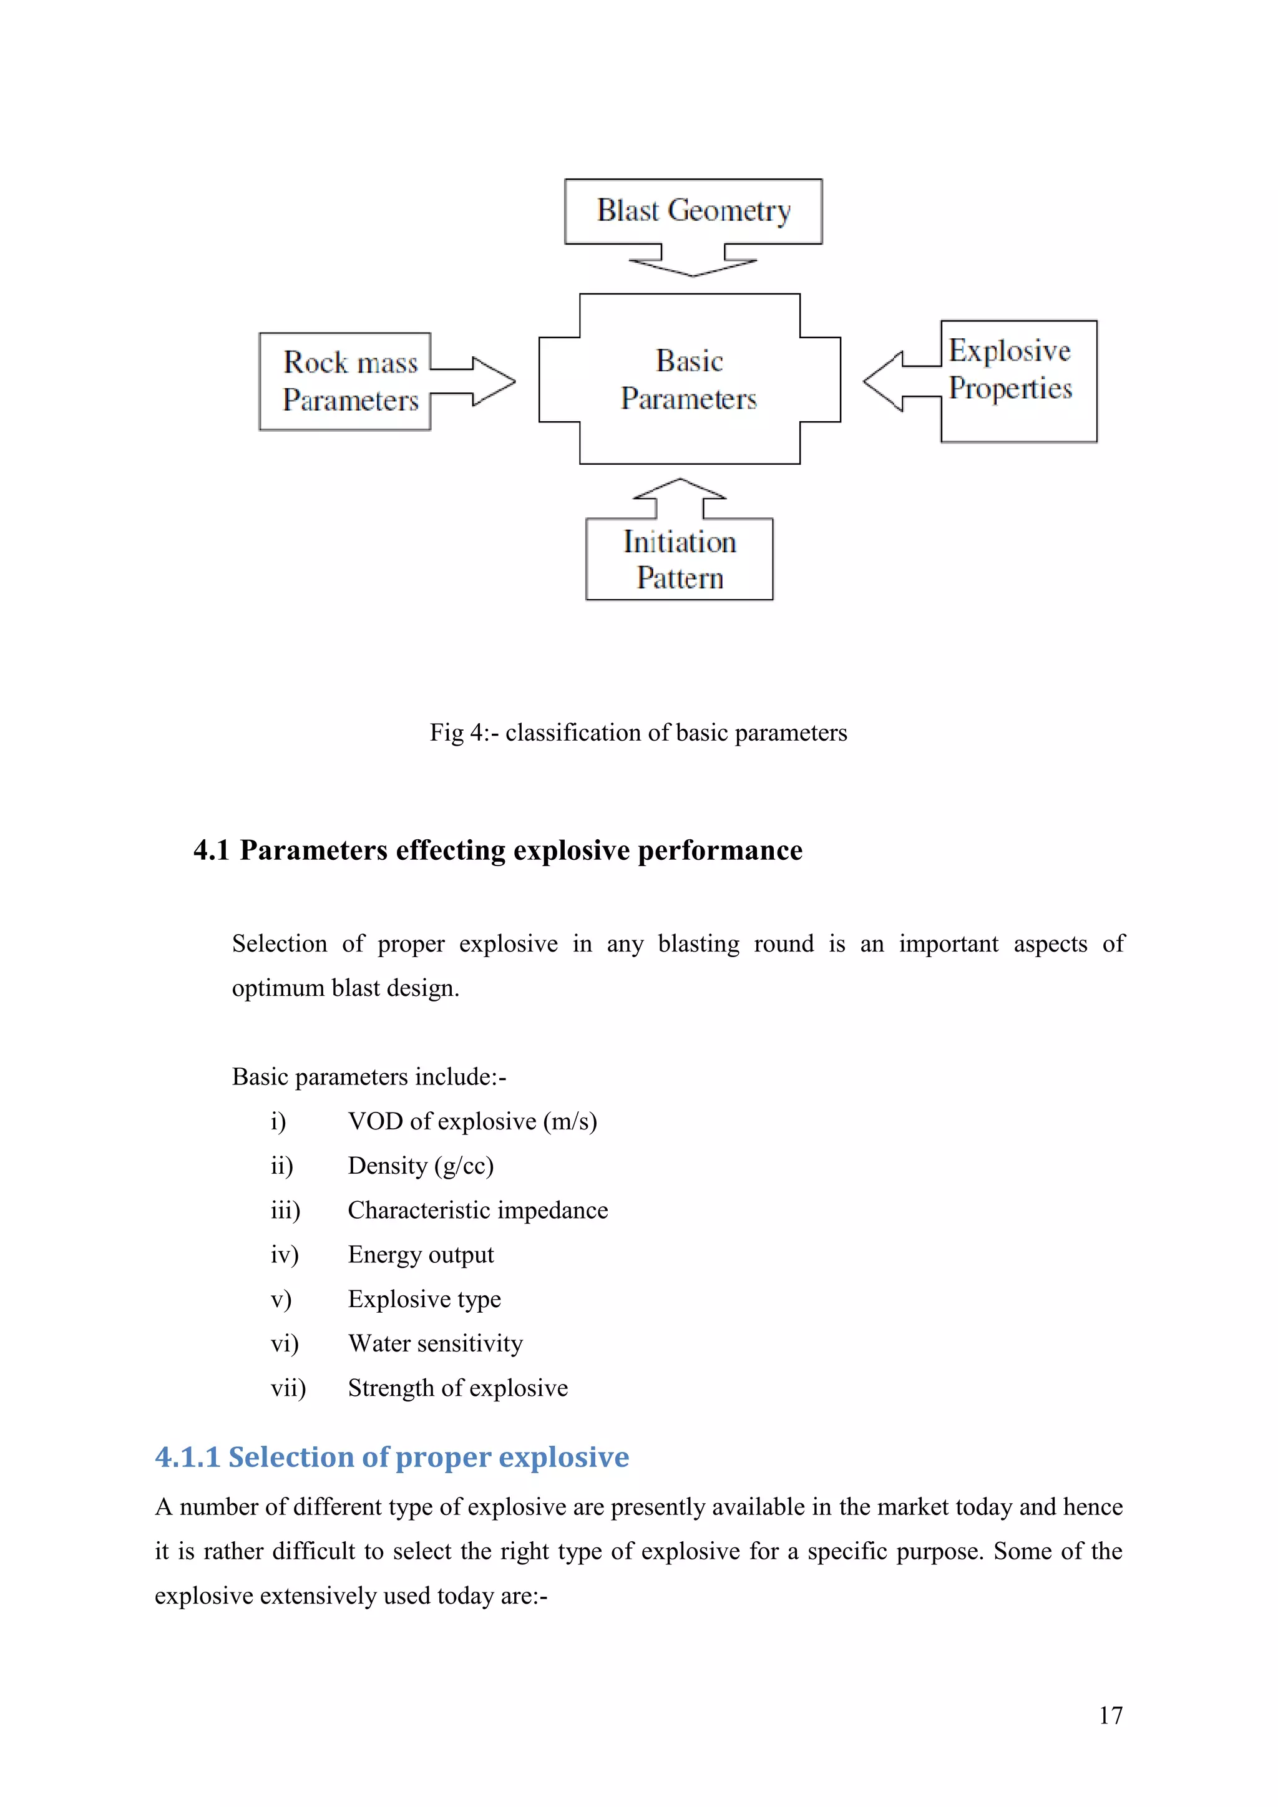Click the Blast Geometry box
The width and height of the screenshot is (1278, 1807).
693,211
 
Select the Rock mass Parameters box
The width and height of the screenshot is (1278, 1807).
344,382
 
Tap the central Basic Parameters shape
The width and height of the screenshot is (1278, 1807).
690,379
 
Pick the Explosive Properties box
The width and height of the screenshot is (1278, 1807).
1018,382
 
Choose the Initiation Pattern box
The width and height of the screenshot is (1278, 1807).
679,560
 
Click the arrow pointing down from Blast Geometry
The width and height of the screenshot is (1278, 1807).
693,261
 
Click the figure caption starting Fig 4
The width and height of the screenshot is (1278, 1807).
638,733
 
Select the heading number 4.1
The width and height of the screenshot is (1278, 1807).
211,850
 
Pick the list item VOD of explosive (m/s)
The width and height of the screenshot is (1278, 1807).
472,1121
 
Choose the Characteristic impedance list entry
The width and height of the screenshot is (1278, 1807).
477,1210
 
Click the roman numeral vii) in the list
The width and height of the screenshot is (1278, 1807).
288,1388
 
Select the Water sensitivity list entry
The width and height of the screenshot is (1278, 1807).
435,1343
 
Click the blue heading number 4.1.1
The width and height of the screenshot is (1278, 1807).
187,1457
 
